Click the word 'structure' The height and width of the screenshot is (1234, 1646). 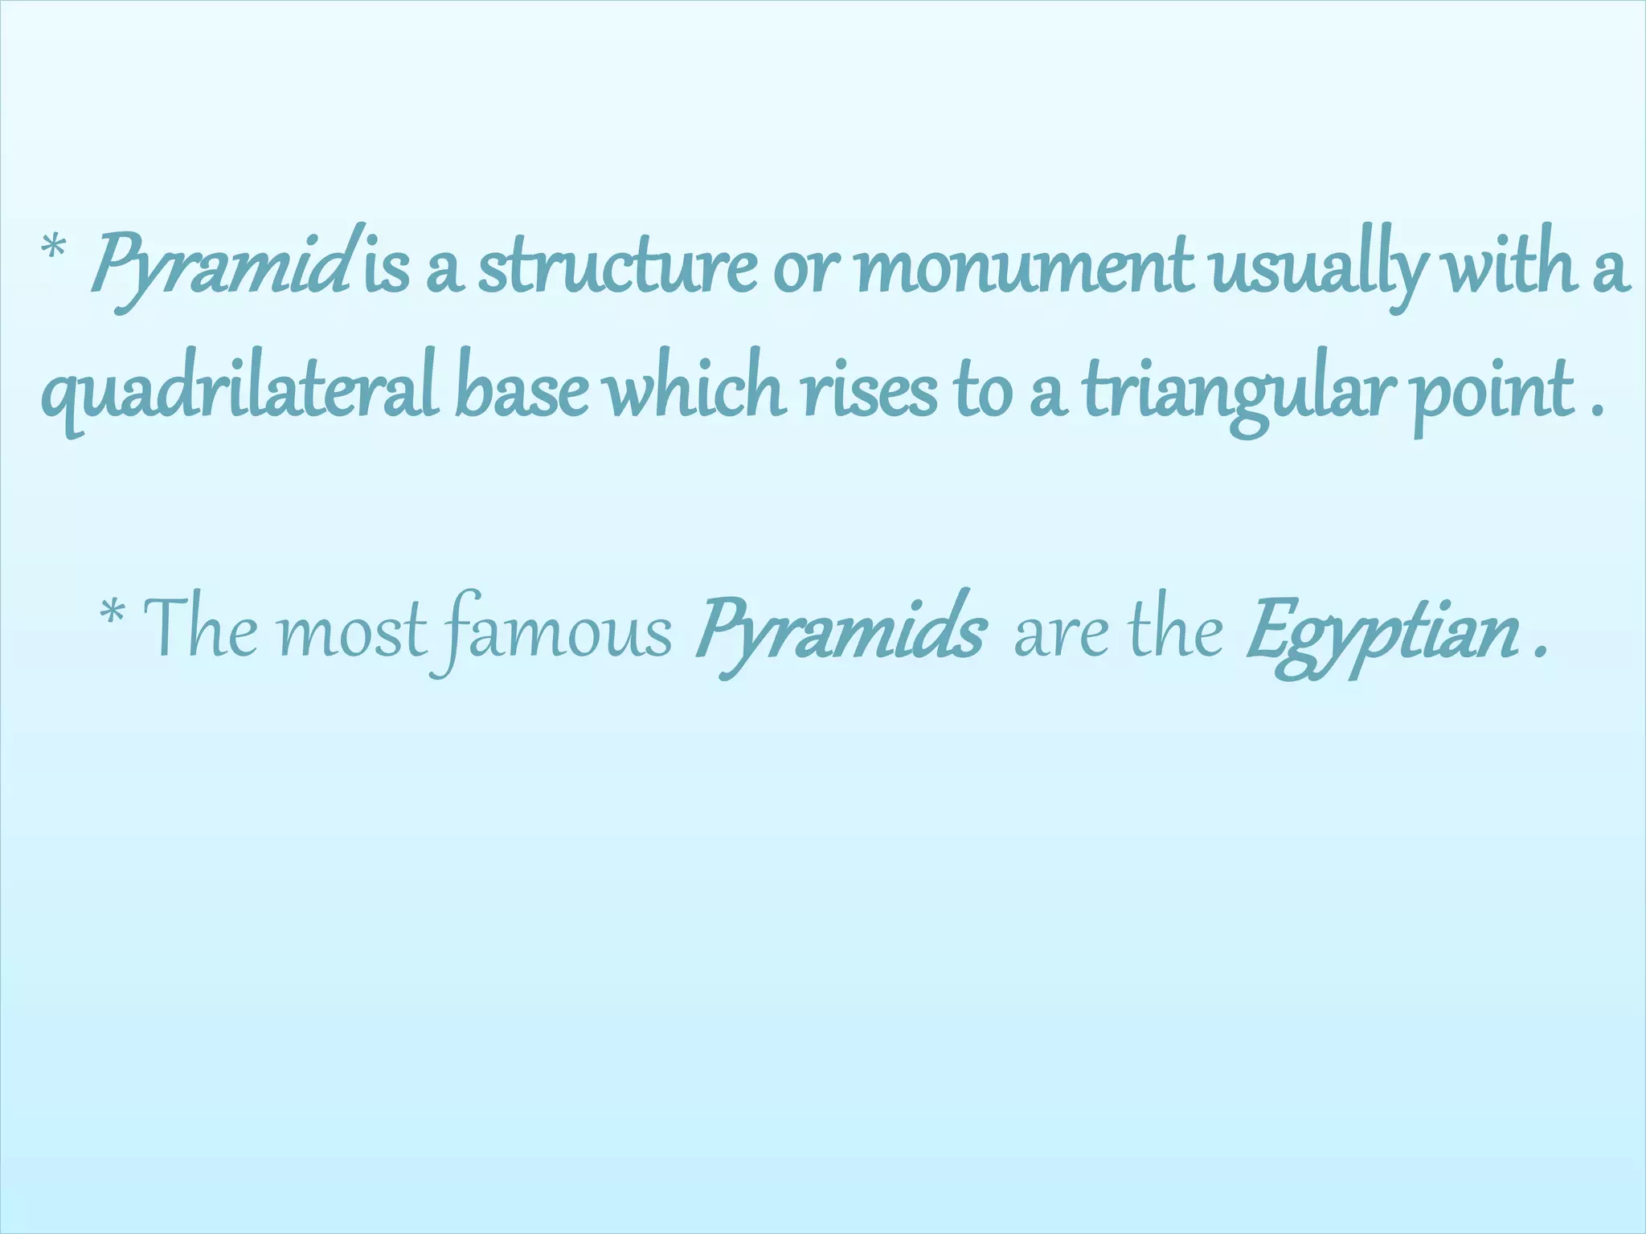coord(617,268)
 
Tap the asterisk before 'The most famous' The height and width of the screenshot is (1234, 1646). coord(113,615)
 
